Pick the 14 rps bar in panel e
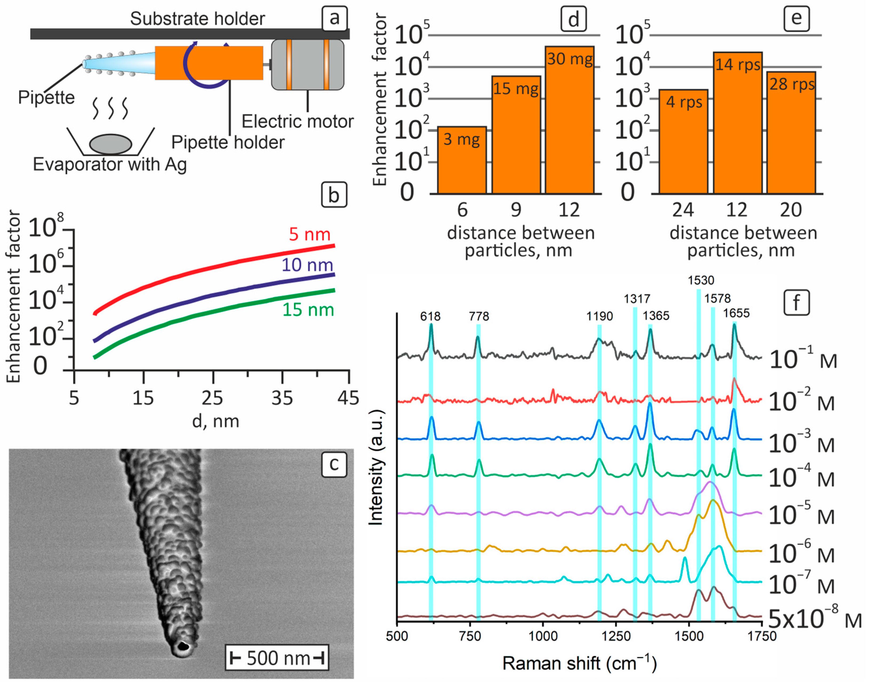(x=738, y=123)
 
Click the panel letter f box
(x=796, y=303)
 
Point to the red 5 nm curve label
(x=310, y=234)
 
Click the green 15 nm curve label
(x=308, y=310)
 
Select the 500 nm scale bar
(x=277, y=658)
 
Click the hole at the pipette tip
(x=183, y=646)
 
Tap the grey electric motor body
(x=308, y=64)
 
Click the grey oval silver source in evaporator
(x=111, y=144)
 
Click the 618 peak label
(x=430, y=316)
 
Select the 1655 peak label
(x=736, y=313)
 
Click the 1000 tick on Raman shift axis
(x=543, y=636)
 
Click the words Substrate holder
(x=197, y=18)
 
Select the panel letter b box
(x=334, y=195)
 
